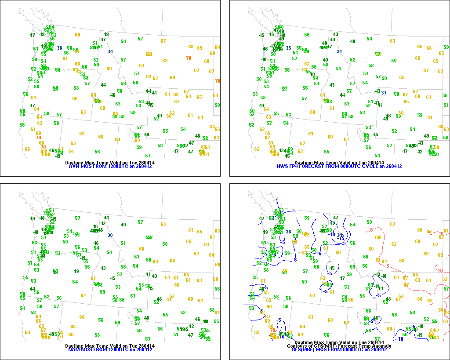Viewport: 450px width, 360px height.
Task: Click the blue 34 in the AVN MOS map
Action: pos(110,51)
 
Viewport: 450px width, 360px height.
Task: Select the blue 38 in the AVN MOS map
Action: pos(59,48)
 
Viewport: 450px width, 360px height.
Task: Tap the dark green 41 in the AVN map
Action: pos(154,92)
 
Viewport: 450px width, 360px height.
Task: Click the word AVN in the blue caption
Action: pos(73,167)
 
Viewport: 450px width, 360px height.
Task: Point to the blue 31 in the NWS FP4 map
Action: pos(339,51)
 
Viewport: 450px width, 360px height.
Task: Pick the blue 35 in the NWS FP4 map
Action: pos(289,48)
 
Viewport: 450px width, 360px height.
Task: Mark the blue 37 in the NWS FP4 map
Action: pos(384,92)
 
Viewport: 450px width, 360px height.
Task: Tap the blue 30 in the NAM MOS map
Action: pos(110,235)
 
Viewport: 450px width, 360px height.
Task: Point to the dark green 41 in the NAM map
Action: pos(154,276)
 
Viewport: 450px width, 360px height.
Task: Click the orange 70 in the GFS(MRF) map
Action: pos(272,330)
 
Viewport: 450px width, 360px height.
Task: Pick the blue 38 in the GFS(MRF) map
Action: pos(289,232)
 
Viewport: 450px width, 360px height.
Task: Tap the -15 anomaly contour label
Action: pos(341,238)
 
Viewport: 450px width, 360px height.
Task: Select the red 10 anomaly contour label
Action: pos(440,271)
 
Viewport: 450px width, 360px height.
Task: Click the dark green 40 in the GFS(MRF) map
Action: pos(384,276)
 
